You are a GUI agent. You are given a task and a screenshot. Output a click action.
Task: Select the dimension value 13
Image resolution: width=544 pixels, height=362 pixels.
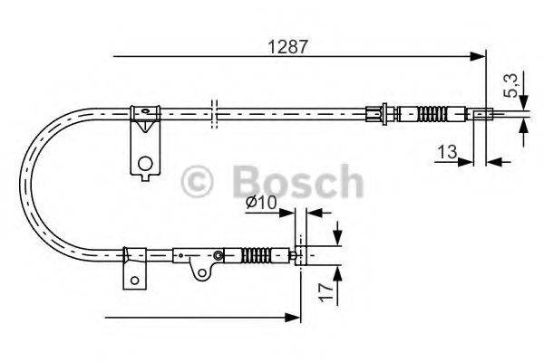point(445,154)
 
